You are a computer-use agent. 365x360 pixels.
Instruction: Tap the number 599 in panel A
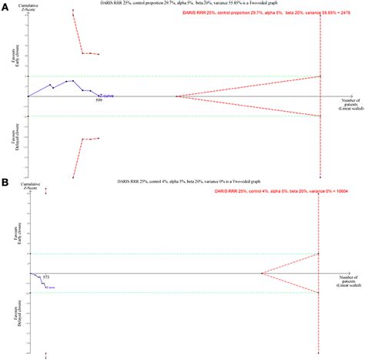(99, 101)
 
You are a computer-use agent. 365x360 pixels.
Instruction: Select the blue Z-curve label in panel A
(105, 96)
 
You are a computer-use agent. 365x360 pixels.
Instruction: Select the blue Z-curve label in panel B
(51, 288)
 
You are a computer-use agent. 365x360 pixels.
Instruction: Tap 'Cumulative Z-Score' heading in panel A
(27, 9)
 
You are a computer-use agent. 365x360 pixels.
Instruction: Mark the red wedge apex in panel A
(177, 96)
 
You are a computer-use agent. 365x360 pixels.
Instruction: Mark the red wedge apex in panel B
(262, 273)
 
